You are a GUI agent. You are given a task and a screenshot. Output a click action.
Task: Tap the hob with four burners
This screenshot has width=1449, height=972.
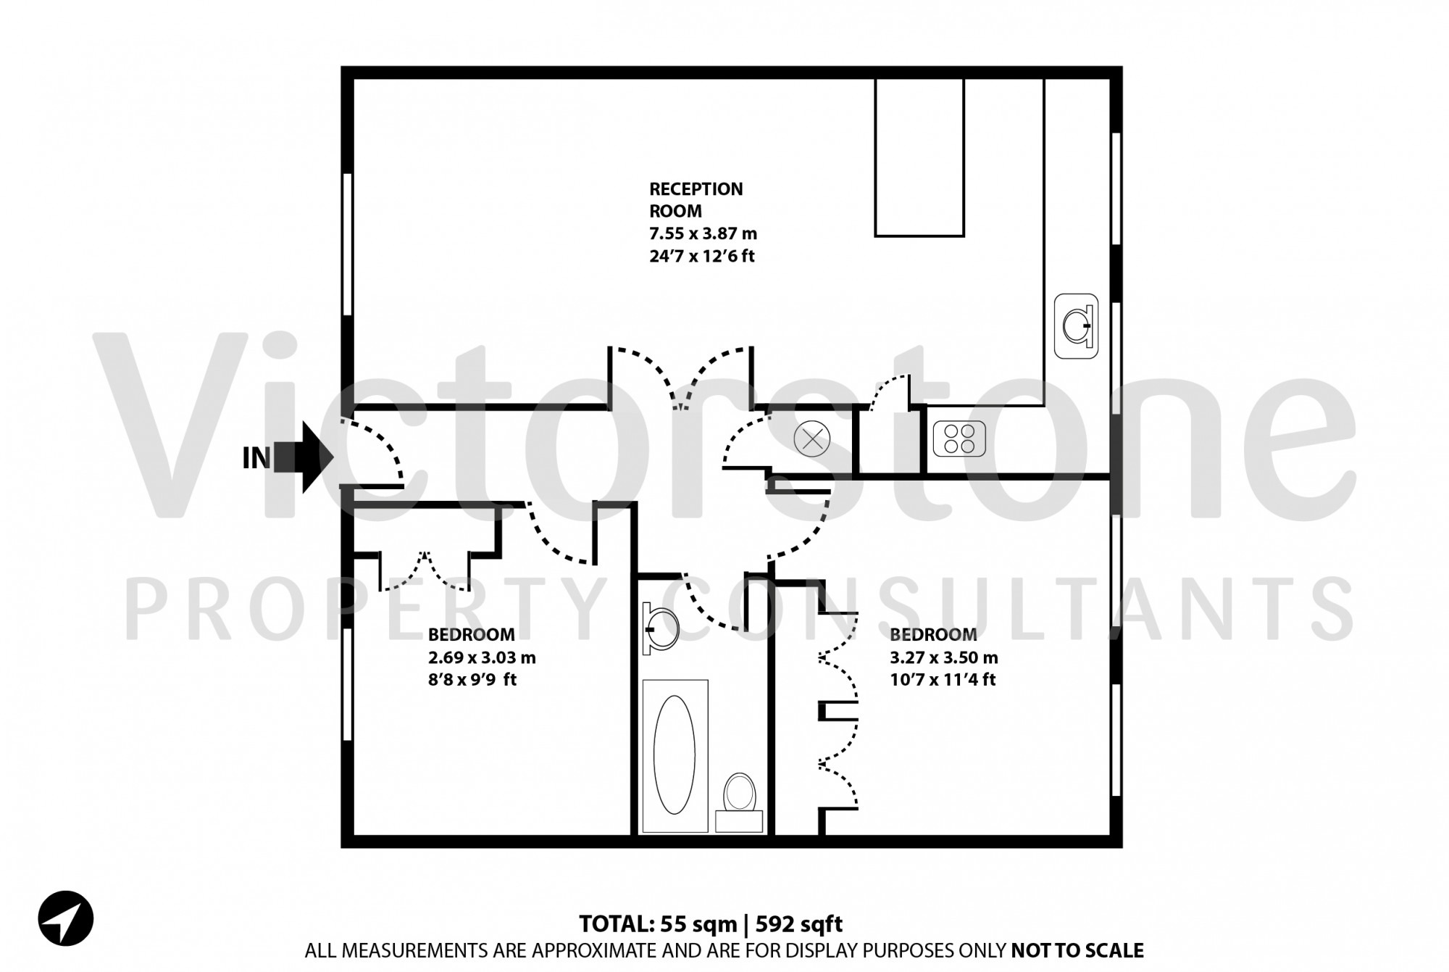click(x=959, y=439)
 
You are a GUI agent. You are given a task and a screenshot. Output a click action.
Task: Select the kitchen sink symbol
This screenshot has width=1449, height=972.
click(x=1076, y=326)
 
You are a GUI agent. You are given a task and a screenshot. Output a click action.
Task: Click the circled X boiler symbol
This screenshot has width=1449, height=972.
click(x=811, y=439)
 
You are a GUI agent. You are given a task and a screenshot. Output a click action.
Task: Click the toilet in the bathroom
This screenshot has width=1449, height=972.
click(x=739, y=793)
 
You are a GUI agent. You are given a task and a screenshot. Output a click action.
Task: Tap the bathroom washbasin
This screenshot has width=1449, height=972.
click(x=661, y=628)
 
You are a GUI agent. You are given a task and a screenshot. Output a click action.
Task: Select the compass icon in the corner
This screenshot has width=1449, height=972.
click(x=66, y=918)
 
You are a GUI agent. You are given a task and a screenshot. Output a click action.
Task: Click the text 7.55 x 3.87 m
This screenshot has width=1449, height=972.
click(x=703, y=233)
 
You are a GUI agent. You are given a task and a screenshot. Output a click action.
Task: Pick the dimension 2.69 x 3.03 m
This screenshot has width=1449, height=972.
click(x=482, y=657)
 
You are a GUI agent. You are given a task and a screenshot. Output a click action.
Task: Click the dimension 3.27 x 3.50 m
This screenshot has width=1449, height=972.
click(x=944, y=657)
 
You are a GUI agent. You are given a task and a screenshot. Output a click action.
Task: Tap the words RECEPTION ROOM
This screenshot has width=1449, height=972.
click(x=696, y=200)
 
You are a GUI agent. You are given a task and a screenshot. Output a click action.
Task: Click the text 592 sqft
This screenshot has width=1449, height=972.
click(x=799, y=924)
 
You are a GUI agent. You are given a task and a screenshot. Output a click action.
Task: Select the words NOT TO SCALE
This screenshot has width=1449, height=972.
click(x=1077, y=950)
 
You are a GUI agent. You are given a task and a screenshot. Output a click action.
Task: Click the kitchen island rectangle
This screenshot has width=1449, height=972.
click(x=919, y=157)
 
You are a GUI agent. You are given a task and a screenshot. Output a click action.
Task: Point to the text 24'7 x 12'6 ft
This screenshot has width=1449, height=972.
click(x=702, y=256)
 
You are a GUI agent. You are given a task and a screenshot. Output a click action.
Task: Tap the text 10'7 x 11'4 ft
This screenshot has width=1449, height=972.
click(x=943, y=680)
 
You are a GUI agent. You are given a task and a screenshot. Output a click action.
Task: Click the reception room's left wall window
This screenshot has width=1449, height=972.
click(x=347, y=244)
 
